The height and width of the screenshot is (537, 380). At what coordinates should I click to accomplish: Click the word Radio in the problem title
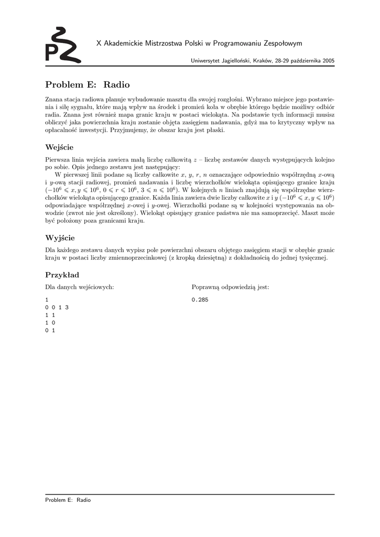point(116,84)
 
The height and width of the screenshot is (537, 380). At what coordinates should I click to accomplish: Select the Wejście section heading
point(59,147)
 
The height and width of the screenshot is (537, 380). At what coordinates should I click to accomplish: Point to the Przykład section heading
point(62,275)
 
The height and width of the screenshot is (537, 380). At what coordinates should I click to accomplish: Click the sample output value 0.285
point(200,299)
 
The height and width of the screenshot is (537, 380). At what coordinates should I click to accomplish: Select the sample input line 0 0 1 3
point(57,307)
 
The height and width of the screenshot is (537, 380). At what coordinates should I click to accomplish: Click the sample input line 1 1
point(50,315)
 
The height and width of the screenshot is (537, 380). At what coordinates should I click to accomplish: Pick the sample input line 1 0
point(50,323)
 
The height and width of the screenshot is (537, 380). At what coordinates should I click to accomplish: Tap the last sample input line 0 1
point(50,331)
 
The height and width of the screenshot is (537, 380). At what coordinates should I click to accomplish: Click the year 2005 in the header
point(329,61)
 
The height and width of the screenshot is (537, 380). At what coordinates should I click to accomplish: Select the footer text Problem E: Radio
point(68,500)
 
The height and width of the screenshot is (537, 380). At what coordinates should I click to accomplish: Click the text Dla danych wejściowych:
point(80,287)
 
